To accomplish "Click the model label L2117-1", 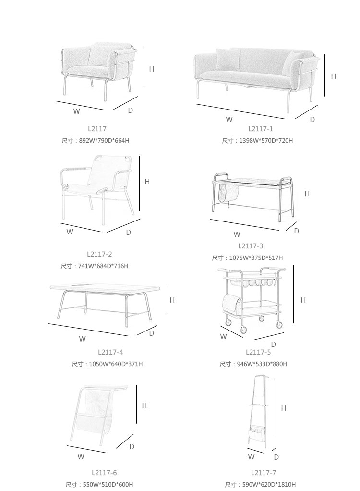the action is click(x=261, y=129).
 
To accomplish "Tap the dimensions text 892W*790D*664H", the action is click(x=104, y=141).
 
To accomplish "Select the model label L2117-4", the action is click(x=110, y=352).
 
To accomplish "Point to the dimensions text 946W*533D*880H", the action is click(x=262, y=364).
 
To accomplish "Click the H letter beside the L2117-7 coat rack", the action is click(x=283, y=408).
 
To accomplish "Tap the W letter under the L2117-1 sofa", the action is click(x=229, y=119).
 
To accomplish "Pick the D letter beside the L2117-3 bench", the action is click(x=297, y=231).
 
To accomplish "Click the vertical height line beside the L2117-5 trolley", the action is click(x=293, y=294).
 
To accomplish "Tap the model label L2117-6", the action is click(x=104, y=473).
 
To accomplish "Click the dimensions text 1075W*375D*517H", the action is click(x=256, y=258).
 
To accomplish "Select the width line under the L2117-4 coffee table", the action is click(x=88, y=330).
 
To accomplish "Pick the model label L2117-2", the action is click(x=99, y=254).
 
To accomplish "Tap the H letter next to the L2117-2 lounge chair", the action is click(x=147, y=181).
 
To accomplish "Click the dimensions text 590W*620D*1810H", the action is click(x=269, y=484).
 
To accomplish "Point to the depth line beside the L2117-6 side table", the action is click(x=124, y=441).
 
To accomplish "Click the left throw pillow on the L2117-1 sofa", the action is click(x=228, y=60).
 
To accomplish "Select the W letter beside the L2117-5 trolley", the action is click(x=223, y=337).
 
